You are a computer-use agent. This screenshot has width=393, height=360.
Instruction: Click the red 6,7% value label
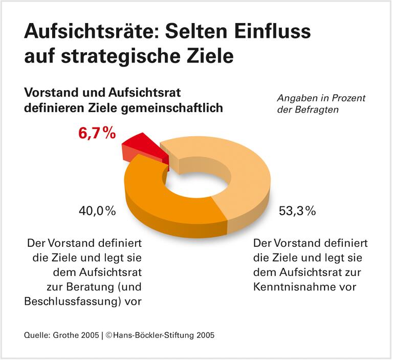click(97, 134)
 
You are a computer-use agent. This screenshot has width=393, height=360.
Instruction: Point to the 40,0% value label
click(97, 211)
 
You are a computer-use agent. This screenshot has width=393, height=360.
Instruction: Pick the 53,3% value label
click(297, 211)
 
